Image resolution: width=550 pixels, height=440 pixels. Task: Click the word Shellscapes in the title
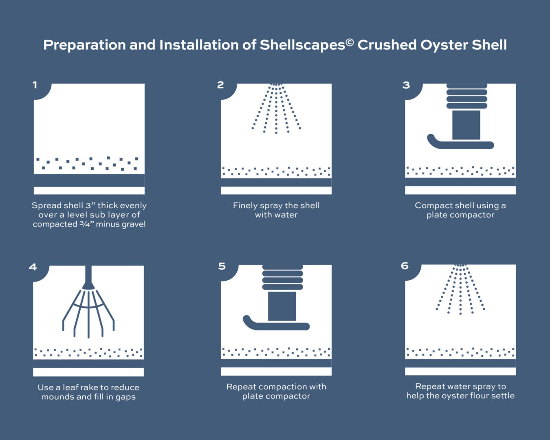click(302, 45)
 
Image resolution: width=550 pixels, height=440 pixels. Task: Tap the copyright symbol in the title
click(350, 42)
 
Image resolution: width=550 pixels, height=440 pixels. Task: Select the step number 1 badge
click(35, 85)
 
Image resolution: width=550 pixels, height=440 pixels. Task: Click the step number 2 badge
click(220, 85)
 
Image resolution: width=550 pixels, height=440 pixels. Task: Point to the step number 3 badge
click(406, 85)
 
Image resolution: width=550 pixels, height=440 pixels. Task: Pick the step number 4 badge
click(33, 267)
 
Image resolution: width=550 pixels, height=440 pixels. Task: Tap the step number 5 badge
click(222, 266)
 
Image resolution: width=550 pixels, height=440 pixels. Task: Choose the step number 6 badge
click(405, 266)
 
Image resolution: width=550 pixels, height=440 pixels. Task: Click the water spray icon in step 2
click(276, 108)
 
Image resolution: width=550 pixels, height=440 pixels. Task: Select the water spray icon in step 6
click(460, 289)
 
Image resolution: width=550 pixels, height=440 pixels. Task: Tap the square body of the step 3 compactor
click(466, 125)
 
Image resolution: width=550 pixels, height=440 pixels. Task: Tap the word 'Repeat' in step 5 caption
click(241, 387)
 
